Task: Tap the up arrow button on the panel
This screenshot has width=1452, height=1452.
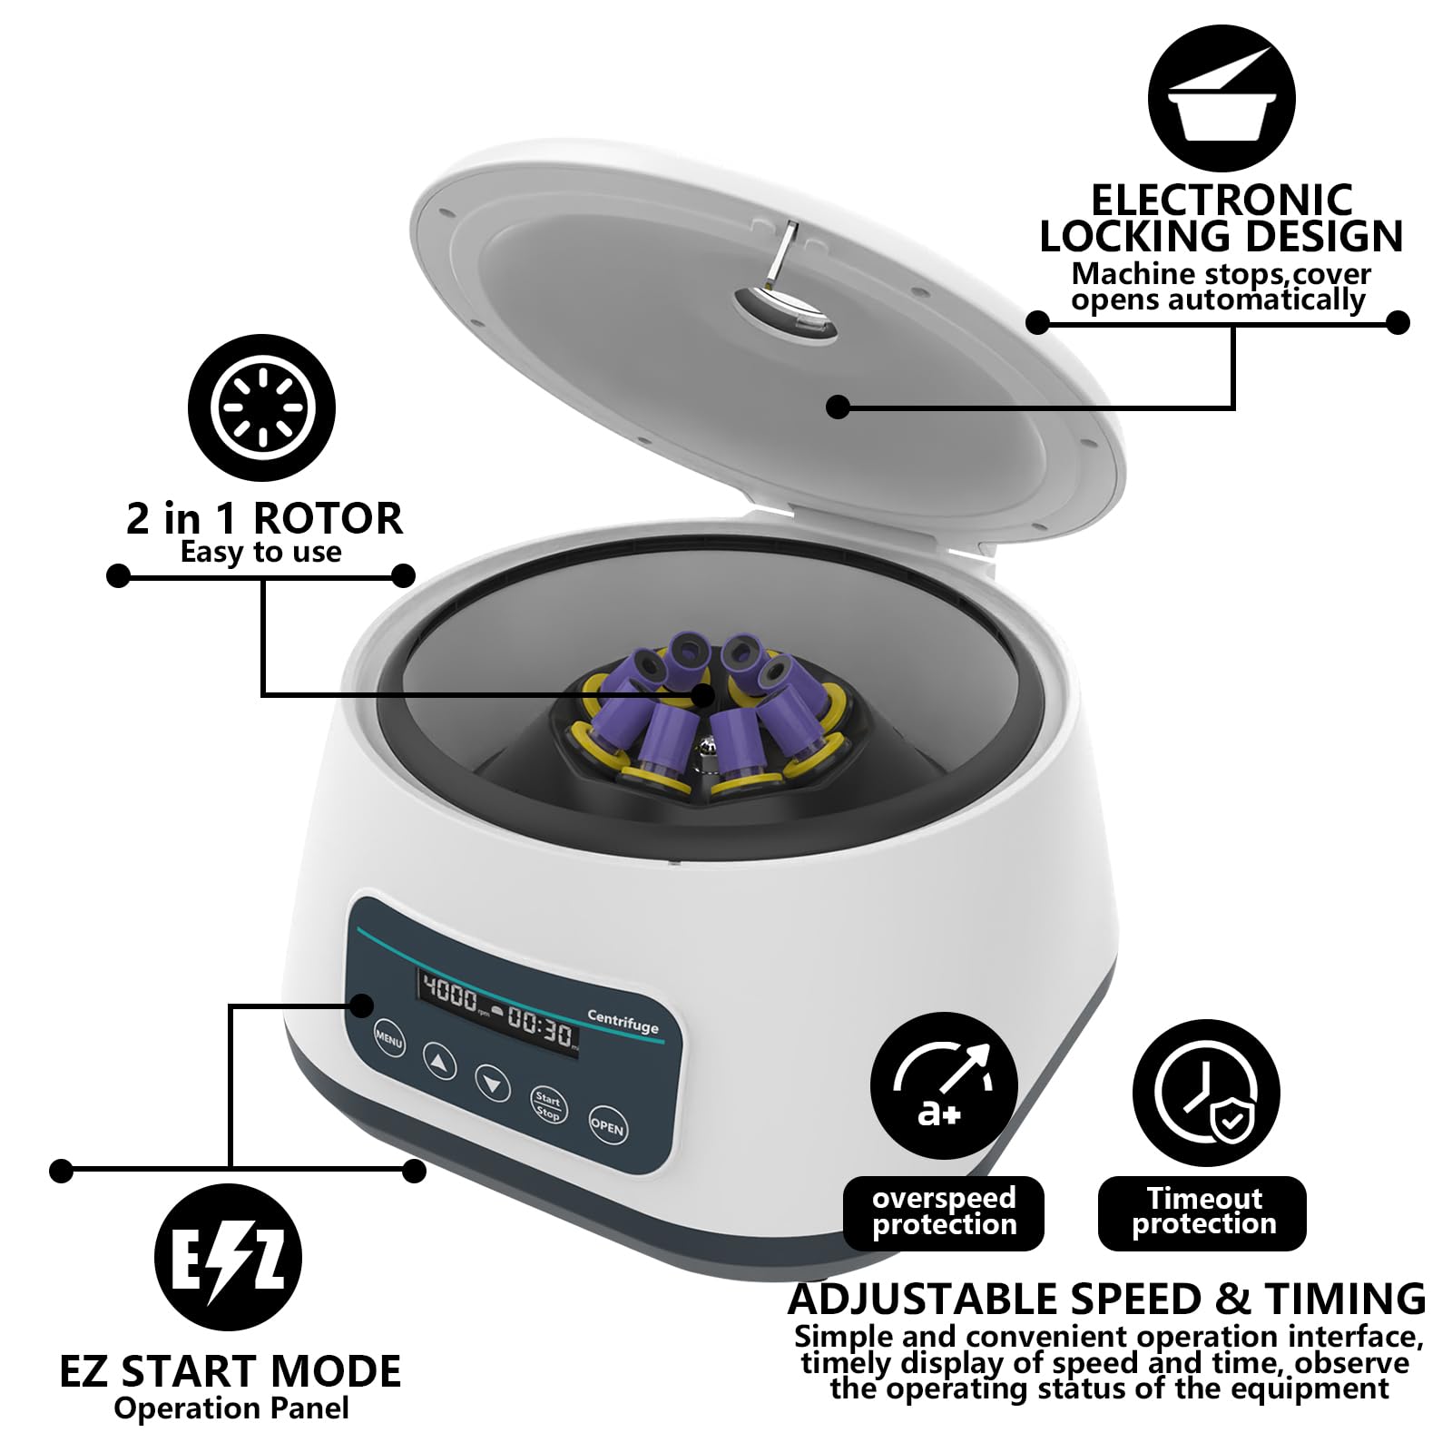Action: click(x=440, y=1060)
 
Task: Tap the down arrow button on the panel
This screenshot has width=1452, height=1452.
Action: click(x=493, y=1083)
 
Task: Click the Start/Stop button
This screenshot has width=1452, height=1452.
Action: click(x=548, y=1106)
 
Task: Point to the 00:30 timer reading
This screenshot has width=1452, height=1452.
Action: click(x=542, y=1031)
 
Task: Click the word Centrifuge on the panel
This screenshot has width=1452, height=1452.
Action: click(x=623, y=1022)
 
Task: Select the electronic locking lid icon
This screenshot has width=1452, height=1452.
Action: click(x=1221, y=98)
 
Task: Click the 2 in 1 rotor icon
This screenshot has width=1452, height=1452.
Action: click(x=261, y=408)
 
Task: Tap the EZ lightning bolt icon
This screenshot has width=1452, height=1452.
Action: click(x=228, y=1258)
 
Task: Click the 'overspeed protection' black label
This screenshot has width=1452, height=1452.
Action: click(x=944, y=1212)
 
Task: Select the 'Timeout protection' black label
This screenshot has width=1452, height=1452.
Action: click(x=1202, y=1212)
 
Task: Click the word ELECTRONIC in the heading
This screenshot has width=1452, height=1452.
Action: click(x=1221, y=200)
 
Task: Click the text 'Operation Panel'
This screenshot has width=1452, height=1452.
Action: click(x=231, y=1408)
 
